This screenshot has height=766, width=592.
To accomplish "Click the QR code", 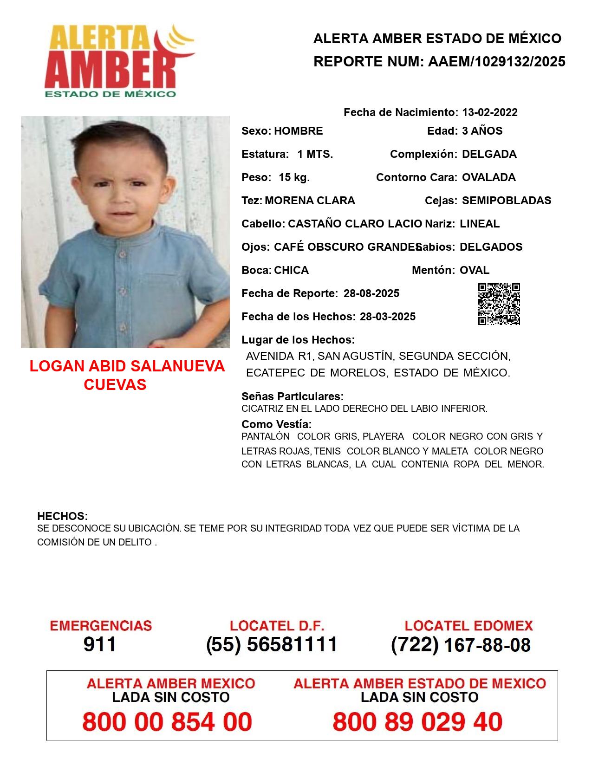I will [x=499, y=304].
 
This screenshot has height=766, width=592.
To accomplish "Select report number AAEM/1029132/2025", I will [x=496, y=61].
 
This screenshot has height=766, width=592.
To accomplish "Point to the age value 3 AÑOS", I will [x=482, y=131].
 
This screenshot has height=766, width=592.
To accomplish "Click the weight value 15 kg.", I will [x=294, y=177].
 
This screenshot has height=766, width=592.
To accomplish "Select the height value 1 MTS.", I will [x=315, y=154].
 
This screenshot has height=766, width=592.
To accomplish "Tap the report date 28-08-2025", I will [x=371, y=293].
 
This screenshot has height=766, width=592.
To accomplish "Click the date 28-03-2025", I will [x=387, y=317].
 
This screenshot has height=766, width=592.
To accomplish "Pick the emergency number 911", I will [x=100, y=644].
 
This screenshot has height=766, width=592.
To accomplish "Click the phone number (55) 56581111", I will [x=272, y=644].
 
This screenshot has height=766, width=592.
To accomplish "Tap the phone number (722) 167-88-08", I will [x=461, y=644].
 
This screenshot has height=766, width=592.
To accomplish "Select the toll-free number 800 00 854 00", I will [x=167, y=722].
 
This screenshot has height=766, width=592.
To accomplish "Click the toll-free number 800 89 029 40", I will [x=417, y=722].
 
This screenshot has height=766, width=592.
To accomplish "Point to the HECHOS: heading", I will [x=62, y=516].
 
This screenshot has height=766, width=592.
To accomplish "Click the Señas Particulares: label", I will [x=293, y=396].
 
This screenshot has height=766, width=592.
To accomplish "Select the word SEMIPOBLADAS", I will [x=507, y=201].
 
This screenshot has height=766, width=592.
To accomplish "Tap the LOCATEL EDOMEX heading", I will [x=468, y=625].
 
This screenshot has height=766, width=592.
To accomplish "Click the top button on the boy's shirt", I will [x=122, y=254].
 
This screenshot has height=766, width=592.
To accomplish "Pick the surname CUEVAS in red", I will [x=115, y=384].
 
